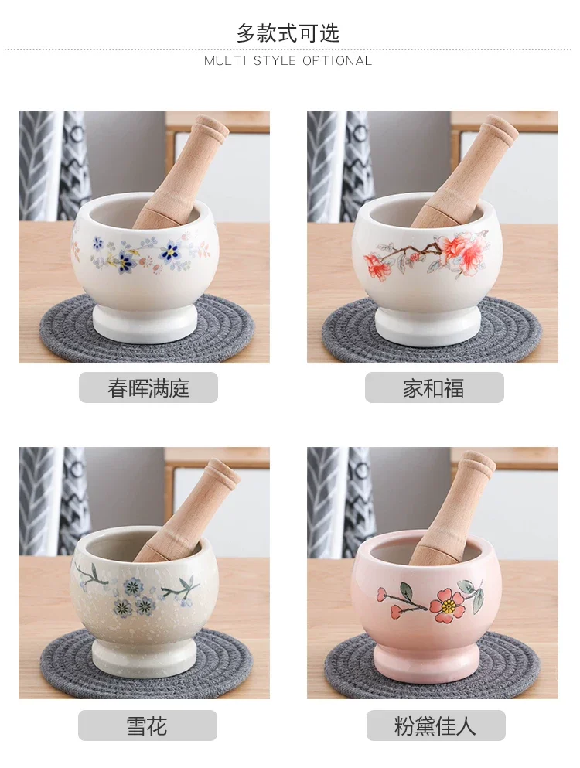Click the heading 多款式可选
288,33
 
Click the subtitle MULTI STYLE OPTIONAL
288,61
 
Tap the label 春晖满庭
148,388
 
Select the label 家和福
434,388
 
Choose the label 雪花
147,725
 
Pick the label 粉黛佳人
435,725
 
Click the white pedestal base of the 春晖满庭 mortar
145,323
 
